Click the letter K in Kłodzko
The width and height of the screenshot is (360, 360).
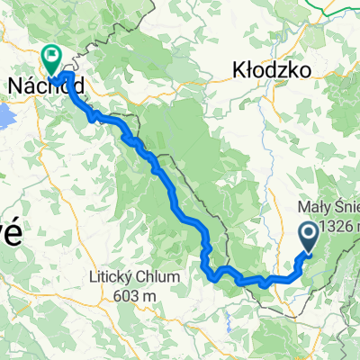(238, 68)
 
